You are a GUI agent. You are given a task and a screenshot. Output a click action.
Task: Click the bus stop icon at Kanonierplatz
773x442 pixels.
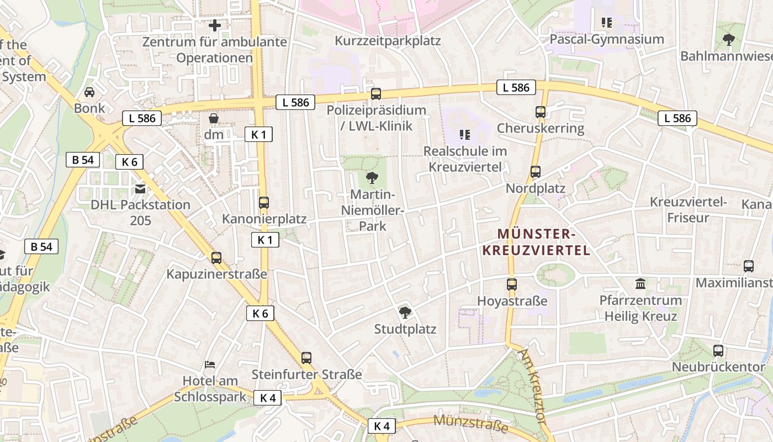point(264,203)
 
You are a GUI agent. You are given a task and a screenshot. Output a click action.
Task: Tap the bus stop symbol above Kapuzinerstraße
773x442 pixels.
point(216,258)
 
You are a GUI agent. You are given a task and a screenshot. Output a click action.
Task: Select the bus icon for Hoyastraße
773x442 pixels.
point(512,285)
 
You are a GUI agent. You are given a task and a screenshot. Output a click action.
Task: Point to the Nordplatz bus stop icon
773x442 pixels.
point(535,172)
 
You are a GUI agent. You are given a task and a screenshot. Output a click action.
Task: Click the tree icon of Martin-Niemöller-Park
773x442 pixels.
point(372,178)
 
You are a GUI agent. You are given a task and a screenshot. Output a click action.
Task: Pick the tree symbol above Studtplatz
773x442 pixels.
point(405,313)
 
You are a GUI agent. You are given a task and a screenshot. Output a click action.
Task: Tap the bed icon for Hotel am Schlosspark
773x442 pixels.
point(210,365)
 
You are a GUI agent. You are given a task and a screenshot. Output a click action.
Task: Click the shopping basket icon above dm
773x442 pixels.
point(214,118)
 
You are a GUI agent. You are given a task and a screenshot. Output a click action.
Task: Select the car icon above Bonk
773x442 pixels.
point(89,92)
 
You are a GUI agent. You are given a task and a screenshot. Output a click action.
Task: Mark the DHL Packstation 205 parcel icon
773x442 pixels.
point(140,189)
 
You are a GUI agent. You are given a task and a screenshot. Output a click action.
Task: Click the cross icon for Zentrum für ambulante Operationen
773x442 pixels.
point(214,25)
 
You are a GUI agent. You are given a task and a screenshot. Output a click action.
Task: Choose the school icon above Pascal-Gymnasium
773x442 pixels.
point(607,23)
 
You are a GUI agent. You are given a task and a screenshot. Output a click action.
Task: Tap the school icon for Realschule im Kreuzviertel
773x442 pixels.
point(465,134)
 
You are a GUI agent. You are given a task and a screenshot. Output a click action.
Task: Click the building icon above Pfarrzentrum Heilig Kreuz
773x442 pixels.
point(640,284)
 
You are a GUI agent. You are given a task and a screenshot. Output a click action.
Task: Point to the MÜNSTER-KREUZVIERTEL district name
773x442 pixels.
point(536,242)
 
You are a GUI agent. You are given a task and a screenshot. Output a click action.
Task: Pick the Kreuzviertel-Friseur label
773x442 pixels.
point(688,209)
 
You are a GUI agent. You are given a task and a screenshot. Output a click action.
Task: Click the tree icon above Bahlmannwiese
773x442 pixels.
point(729,40)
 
